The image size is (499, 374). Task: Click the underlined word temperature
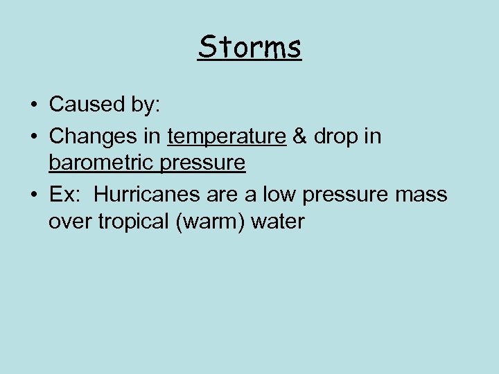click(227, 136)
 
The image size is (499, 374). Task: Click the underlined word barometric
click(92, 163)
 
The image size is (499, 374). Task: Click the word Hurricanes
click(148, 195)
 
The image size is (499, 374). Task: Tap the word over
click(68, 222)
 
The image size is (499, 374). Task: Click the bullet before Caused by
click(33, 105)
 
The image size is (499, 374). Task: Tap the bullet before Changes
click(33, 136)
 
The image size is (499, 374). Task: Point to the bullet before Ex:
click(33, 195)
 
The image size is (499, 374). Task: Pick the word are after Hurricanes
click(222, 195)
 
